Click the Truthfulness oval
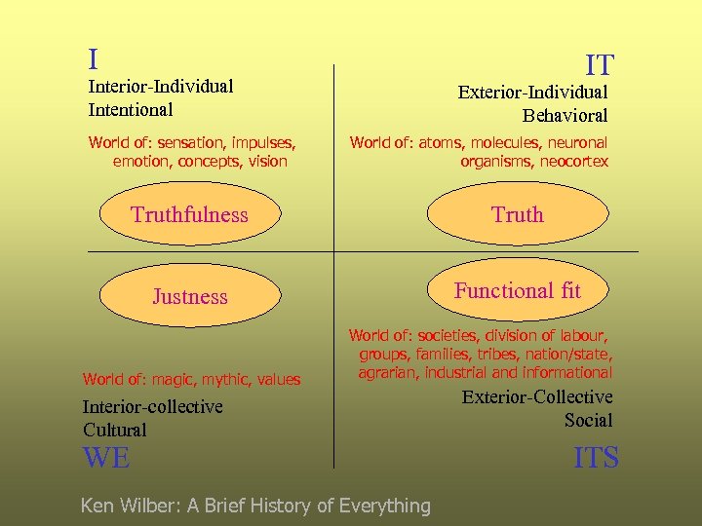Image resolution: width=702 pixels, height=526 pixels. (x=190, y=215)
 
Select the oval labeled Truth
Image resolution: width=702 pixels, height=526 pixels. (x=518, y=215)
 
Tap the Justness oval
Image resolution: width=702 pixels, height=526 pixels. (x=190, y=297)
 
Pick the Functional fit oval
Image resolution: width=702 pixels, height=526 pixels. (x=517, y=290)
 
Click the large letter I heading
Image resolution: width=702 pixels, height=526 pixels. (x=93, y=60)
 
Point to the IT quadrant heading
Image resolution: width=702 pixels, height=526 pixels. (x=599, y=66)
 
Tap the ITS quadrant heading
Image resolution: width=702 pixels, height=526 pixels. (x=596, y=458)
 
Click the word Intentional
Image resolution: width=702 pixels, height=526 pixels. (x=131, y=109)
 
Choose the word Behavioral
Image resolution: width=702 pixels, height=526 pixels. (x=565, y=115)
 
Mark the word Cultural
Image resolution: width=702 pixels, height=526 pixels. (x=115, y=430)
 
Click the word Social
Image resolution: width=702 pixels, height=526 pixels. (x=588, y=420)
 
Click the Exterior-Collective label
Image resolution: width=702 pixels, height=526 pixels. (x=537, y=396)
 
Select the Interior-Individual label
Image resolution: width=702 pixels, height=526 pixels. (x=161, y=86)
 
